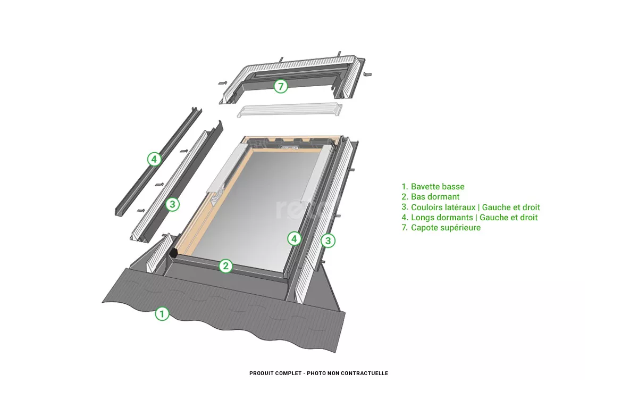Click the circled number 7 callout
(281, 86)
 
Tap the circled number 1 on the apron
(162, 313)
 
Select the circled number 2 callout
(225, 266)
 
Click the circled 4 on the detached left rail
(154, 159)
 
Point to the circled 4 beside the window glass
(294, 238)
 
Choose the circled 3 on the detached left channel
(172, 204)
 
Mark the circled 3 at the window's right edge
(328, 240)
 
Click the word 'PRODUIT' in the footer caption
(261, 373)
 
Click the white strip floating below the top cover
(289, 110)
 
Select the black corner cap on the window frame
(173, 253)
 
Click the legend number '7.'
(405, 228)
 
